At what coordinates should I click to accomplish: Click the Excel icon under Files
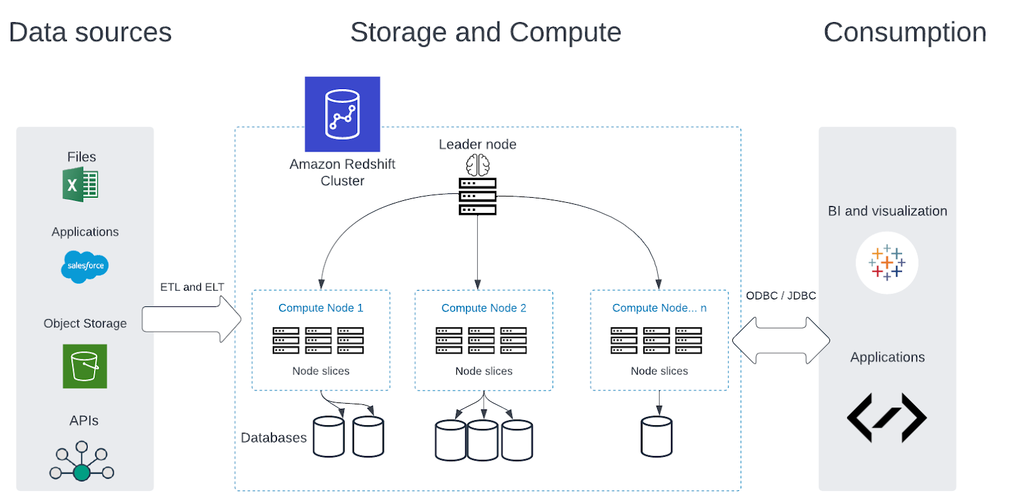coord(80,184)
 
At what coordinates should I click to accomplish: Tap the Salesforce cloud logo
coord(85,267)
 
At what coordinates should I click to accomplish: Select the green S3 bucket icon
coord(85,366)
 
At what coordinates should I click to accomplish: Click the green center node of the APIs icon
coord(81,473)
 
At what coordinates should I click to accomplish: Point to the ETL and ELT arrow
coord(192,320)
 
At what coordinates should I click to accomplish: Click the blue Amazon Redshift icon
coord(342,114)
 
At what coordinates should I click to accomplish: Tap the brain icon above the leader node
coord(477,165)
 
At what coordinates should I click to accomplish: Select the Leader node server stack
coord(477,196)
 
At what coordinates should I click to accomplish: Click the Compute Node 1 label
coord(321,308)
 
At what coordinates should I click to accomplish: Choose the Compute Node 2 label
coord(484,308)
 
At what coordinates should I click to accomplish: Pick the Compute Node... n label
coord(659,308)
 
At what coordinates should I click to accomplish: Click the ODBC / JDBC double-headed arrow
coord(781,341)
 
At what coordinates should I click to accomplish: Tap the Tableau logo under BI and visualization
coord(887,263)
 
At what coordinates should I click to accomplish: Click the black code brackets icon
coord(887,418)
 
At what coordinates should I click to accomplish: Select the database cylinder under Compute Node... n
coord(656,437)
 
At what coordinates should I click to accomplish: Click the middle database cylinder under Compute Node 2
coord(483,440)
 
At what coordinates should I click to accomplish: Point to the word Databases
coord(274,437)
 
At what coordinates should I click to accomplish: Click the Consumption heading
coord(905,32)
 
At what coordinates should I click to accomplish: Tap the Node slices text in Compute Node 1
coord(321,371)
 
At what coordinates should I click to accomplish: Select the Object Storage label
coord(85,323)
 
